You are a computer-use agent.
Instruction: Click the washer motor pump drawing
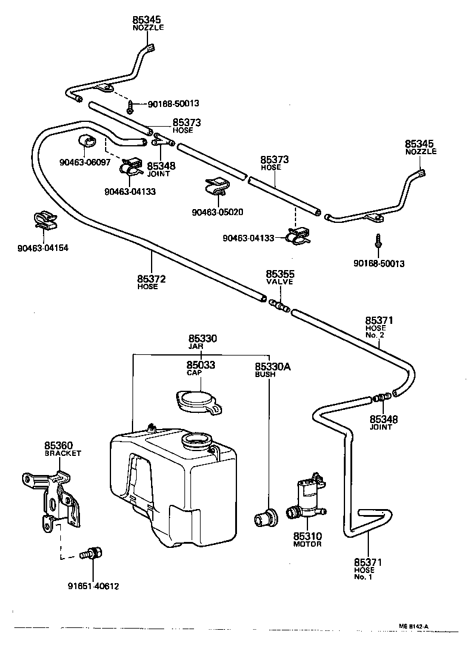tap(307, 498)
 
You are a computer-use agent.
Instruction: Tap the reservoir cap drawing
tap(198, 402)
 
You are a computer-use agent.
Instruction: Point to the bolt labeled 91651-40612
tap(92, 554)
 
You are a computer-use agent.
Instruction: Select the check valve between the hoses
tap(279, 305)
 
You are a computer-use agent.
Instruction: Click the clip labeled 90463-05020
tap(217, 186)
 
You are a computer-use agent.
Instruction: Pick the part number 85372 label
tap(151, 278)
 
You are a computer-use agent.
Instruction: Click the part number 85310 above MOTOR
tap(307, 536)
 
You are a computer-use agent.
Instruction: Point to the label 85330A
tap(272, 366)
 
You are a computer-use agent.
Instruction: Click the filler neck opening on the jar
tap(197, 442)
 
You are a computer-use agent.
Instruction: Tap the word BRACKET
tap(63, 453)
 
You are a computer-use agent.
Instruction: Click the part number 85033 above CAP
tap(201, 364)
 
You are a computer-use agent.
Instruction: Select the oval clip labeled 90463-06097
tap(88, 142)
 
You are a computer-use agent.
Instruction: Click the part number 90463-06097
tap(85, 162)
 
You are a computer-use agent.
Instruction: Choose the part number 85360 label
tap(59, 446)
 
